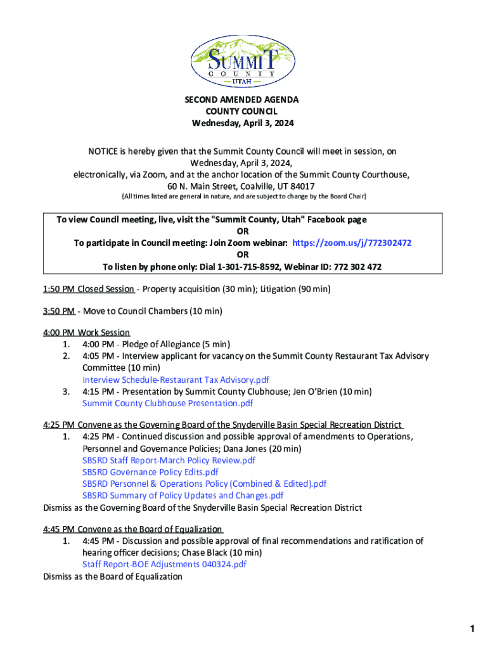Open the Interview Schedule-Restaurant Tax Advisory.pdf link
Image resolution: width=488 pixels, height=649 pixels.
click(x=176, y=380)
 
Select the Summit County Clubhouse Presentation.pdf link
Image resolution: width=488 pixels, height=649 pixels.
click(x=167, y=403)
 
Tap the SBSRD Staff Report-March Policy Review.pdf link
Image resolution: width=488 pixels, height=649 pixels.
click(x=169, y=460)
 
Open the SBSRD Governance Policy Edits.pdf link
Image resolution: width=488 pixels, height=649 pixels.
click(x=150, y=472)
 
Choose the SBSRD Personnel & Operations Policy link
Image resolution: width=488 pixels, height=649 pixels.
click(x=204, y=484)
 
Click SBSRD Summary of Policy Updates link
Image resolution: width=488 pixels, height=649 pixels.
click(x=183, y=495)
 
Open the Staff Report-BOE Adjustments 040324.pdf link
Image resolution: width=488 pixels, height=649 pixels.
click(x=164, y=564)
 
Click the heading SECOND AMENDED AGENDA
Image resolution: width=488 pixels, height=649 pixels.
click(x=241, y=100)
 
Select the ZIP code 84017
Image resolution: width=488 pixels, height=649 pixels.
click(x=301, y=186)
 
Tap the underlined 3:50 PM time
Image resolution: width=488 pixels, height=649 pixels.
click(x=59, y=311)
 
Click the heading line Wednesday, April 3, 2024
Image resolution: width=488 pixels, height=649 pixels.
click(x=243, y=124)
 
